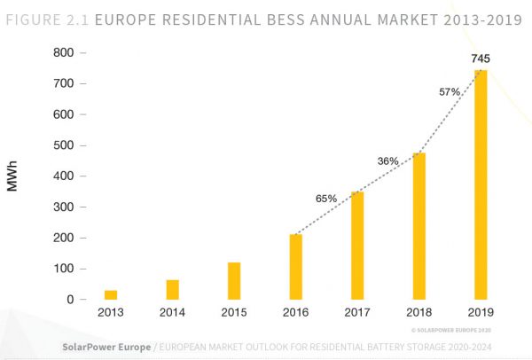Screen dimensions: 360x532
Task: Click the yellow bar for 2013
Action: click(x=111, y=294)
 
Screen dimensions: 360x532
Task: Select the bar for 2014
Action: click(x=173, y=290)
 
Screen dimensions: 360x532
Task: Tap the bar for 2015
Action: click(x=234, y=281)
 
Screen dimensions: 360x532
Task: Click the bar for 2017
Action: click(x=357, y=246)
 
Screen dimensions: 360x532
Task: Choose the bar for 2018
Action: click(x=419, y=226)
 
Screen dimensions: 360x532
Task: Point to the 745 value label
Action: click(x=481, y=59)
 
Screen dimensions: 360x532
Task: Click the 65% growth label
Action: click(x=325, y=199)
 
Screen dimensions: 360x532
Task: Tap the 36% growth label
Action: click(x=388, y=160)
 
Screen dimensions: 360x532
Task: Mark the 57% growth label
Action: click(x=450, y=91)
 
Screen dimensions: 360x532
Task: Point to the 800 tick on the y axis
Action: click(x=62, y=52)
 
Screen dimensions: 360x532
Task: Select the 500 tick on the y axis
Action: click(x=62, y=145)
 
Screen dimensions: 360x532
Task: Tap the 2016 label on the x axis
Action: click(x=296, y=313)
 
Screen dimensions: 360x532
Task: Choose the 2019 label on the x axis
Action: click(x=481, y=313)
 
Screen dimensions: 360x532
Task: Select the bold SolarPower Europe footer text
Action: click(x=104, y=345)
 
